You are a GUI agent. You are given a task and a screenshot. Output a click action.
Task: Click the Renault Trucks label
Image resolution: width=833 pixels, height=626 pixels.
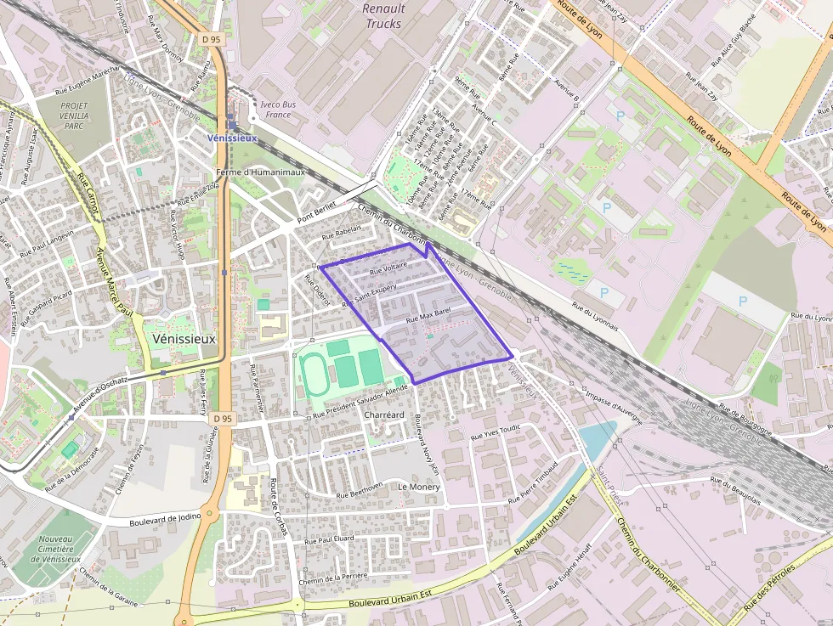click(383, 16)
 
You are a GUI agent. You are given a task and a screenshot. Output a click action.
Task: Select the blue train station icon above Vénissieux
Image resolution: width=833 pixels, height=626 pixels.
click(232, 124)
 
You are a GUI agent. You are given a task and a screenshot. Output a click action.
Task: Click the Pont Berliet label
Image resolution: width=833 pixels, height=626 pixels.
click(317, 212)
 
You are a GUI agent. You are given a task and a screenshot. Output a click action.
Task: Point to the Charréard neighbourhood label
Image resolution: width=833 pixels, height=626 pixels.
click(383, 415)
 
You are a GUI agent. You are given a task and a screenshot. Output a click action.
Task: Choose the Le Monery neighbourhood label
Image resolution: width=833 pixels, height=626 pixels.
click(419, 487)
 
